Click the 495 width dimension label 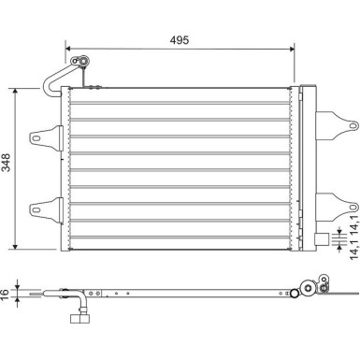pos(180,40)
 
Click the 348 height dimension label pos(6,162)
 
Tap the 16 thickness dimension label pos(5,294)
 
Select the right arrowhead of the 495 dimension pos(292,49)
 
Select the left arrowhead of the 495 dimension pos(68,49)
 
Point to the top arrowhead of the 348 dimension pos(15,91)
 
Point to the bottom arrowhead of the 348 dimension pos(15,246)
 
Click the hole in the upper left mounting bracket pos(36,138)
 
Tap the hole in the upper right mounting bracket pos(353,125)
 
